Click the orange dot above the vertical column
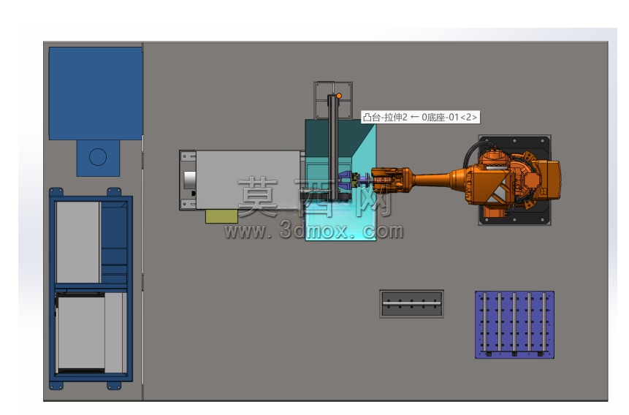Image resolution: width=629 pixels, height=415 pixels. click(x=339, y=96)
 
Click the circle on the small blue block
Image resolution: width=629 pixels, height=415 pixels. click(x=98, y=157)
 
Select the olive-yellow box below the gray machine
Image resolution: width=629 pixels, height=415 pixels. click(x=221, y=216)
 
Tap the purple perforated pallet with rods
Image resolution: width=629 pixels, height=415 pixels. click(x=515, y=324)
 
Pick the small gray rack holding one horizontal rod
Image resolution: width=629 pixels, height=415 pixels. click(x=411, y=304)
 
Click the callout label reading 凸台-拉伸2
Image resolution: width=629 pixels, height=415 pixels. click(x=385, y=117)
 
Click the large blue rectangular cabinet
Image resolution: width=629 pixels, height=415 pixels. click(x=96, y=94)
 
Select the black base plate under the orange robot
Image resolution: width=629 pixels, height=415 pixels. click(x=515, y=180)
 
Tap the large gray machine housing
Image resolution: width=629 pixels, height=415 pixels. click(x=248, y=180)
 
